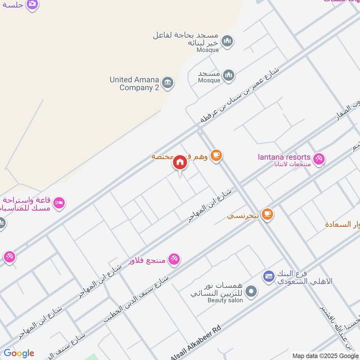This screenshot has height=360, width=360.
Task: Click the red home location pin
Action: (180, 163)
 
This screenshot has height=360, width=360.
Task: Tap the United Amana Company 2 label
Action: (134, 84)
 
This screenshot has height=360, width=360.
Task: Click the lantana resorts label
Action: (284, 157)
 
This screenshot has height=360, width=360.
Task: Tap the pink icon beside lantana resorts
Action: (319, 159)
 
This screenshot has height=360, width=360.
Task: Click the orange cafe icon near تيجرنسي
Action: (267, 215)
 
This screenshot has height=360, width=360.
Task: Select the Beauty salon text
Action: (225, 300)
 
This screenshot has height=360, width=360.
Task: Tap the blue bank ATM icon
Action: (269, 275)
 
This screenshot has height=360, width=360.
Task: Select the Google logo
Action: (19, 353)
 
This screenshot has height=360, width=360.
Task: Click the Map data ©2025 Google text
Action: (325, 355)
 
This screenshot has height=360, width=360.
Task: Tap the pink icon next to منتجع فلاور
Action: (174, 259)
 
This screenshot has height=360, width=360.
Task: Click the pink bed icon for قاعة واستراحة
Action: (59, 204)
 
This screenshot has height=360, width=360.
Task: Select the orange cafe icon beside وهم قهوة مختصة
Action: (216, 156)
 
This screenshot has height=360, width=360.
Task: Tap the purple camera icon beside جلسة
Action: (32, 4)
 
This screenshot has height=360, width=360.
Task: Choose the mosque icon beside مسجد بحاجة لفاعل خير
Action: (228, 41)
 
